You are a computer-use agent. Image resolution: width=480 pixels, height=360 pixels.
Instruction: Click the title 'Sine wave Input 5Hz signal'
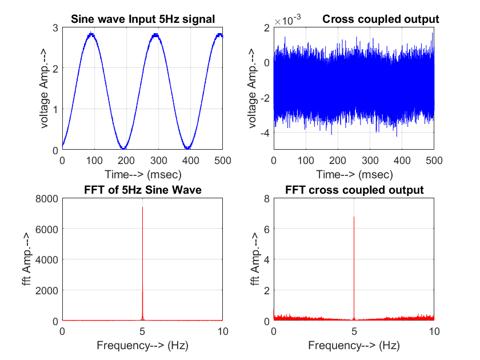coord(142,19)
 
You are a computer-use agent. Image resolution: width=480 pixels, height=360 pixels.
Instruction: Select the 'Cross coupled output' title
coord(381,19)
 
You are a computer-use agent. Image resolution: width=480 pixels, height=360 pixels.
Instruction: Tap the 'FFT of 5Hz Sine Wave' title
coord(142,190)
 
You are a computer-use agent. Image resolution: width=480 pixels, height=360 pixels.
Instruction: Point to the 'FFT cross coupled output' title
coord(354,190)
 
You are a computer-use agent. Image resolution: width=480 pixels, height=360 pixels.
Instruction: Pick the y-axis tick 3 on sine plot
coord(55,27)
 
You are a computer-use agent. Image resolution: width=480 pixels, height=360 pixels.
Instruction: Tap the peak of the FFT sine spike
coord(142,207)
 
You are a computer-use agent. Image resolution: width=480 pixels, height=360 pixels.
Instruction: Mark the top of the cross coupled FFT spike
coord(354,217)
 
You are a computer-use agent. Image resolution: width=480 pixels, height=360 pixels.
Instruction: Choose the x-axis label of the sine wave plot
coord(142,174)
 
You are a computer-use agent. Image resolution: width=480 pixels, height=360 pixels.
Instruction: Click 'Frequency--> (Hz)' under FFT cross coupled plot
coord(354,345)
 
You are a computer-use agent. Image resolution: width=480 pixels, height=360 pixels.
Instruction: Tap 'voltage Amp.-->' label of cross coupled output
coord(252,89)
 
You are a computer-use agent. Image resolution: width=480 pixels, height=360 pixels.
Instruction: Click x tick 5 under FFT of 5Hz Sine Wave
coord(142,331)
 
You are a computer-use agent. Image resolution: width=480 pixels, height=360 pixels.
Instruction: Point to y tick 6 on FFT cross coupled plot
coord(266,229)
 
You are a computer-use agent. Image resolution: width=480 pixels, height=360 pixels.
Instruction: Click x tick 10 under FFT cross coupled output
coord(434,331)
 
